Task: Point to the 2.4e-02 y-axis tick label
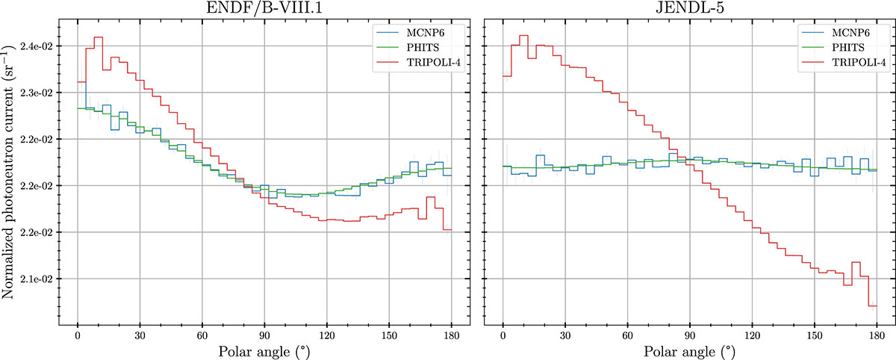(37, 46)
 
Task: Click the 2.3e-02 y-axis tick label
(37, 93)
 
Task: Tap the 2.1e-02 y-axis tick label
(37, 279)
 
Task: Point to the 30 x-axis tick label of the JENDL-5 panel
(565, 334)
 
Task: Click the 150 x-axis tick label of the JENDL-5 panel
(814, 334)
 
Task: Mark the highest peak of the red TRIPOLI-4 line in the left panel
(99, 37)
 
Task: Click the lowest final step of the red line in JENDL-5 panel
(872, 305)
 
